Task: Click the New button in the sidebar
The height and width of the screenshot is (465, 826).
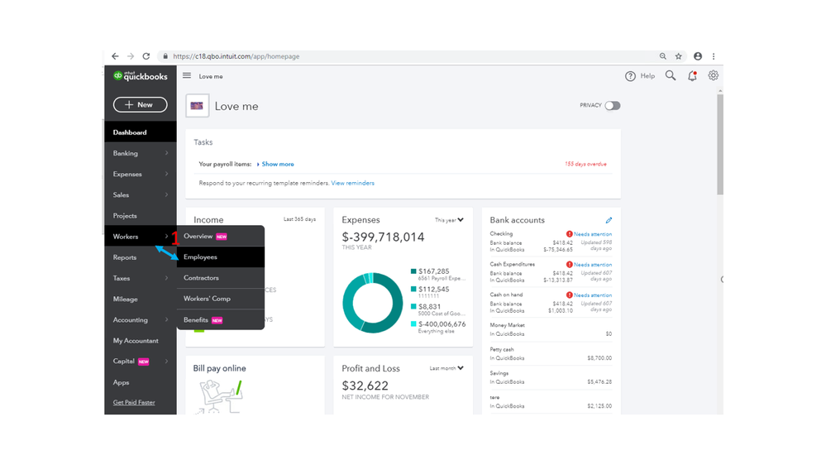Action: (x=140, y=104)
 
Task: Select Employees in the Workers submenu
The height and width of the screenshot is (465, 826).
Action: (x=200, y=257)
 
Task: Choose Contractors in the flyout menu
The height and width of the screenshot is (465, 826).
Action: (x=201, y=278)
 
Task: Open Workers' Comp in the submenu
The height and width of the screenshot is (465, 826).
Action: (x=207, y=299)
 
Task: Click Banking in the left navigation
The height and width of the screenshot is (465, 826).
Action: (x=126, y=153)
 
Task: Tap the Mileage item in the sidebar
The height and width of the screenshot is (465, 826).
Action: (x=126, y=299)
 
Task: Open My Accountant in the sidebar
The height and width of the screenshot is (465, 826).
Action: (x=136, y=341)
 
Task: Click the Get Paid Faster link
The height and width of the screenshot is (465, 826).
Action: (x=134, y=403)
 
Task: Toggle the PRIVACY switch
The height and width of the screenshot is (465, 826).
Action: (x=612, y=106)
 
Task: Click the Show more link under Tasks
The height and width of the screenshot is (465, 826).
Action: (x=278, y=164)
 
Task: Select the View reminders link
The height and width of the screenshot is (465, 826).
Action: (x=352, y=183)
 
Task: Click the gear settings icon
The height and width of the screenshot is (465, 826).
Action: (x=713, y=75)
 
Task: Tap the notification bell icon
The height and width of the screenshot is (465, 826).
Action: (x=692, y=75)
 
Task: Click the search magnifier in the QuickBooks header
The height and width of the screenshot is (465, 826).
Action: (x=671, y=75)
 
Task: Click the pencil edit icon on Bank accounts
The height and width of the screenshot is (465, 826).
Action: (x=609, y=220)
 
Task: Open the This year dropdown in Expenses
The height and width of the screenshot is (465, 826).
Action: (x=449, y=220)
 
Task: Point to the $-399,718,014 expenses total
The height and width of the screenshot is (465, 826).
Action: (x=383, y=237)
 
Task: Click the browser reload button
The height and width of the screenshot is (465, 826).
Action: (x=146, y=56)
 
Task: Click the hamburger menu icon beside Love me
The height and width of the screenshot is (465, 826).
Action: (x=187, y=75)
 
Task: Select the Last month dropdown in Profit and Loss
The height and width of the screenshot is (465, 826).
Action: (x=446, y=368)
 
